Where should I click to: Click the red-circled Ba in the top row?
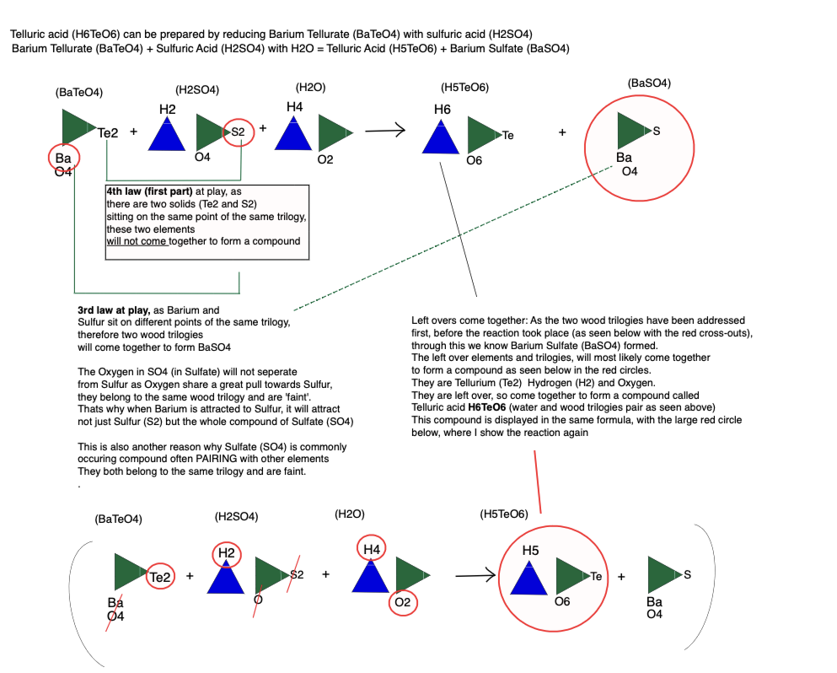coord(63,159)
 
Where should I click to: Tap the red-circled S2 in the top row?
coord(239,132)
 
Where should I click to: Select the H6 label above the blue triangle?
coord(443,110)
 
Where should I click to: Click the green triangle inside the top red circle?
coord(633,131)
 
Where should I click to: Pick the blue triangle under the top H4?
coord(294,132)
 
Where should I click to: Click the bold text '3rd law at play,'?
coord(113,310)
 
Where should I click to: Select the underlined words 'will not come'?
coord(137,241)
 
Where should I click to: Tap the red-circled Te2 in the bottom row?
coord(160,578)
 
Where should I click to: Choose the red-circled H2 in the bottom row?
coord(226,553)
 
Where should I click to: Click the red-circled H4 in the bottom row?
coord(371,549)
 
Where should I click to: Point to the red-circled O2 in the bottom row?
coord(401,603)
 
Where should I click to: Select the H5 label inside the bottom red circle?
coord(530,551)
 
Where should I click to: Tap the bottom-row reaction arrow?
coord(475,577)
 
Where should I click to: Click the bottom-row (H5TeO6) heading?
coord(503,514)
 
